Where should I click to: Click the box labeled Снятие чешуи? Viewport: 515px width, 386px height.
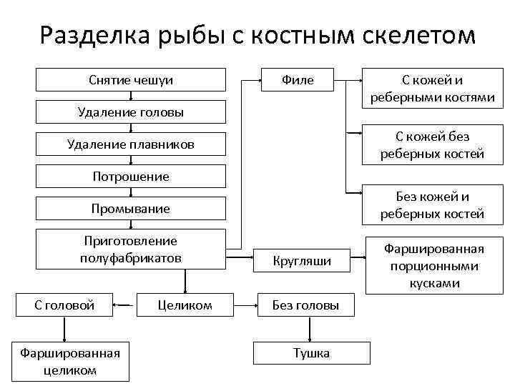click(x=131, y=80)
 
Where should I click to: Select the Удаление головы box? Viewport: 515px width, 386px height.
click(x=131, y=112)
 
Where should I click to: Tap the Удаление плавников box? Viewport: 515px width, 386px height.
click(x=131, y=145)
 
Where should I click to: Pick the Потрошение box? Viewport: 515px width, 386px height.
click(x=131, y=177)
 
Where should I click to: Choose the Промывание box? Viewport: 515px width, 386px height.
click(x=131, y=209)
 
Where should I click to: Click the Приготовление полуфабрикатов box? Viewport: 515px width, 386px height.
click(x=131, y=249)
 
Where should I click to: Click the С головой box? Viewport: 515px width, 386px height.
click(x=65, y=305)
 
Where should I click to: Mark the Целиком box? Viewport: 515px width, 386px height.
click(x=185, y=305)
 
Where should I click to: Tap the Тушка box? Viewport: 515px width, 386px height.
click(x=313, y=353)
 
